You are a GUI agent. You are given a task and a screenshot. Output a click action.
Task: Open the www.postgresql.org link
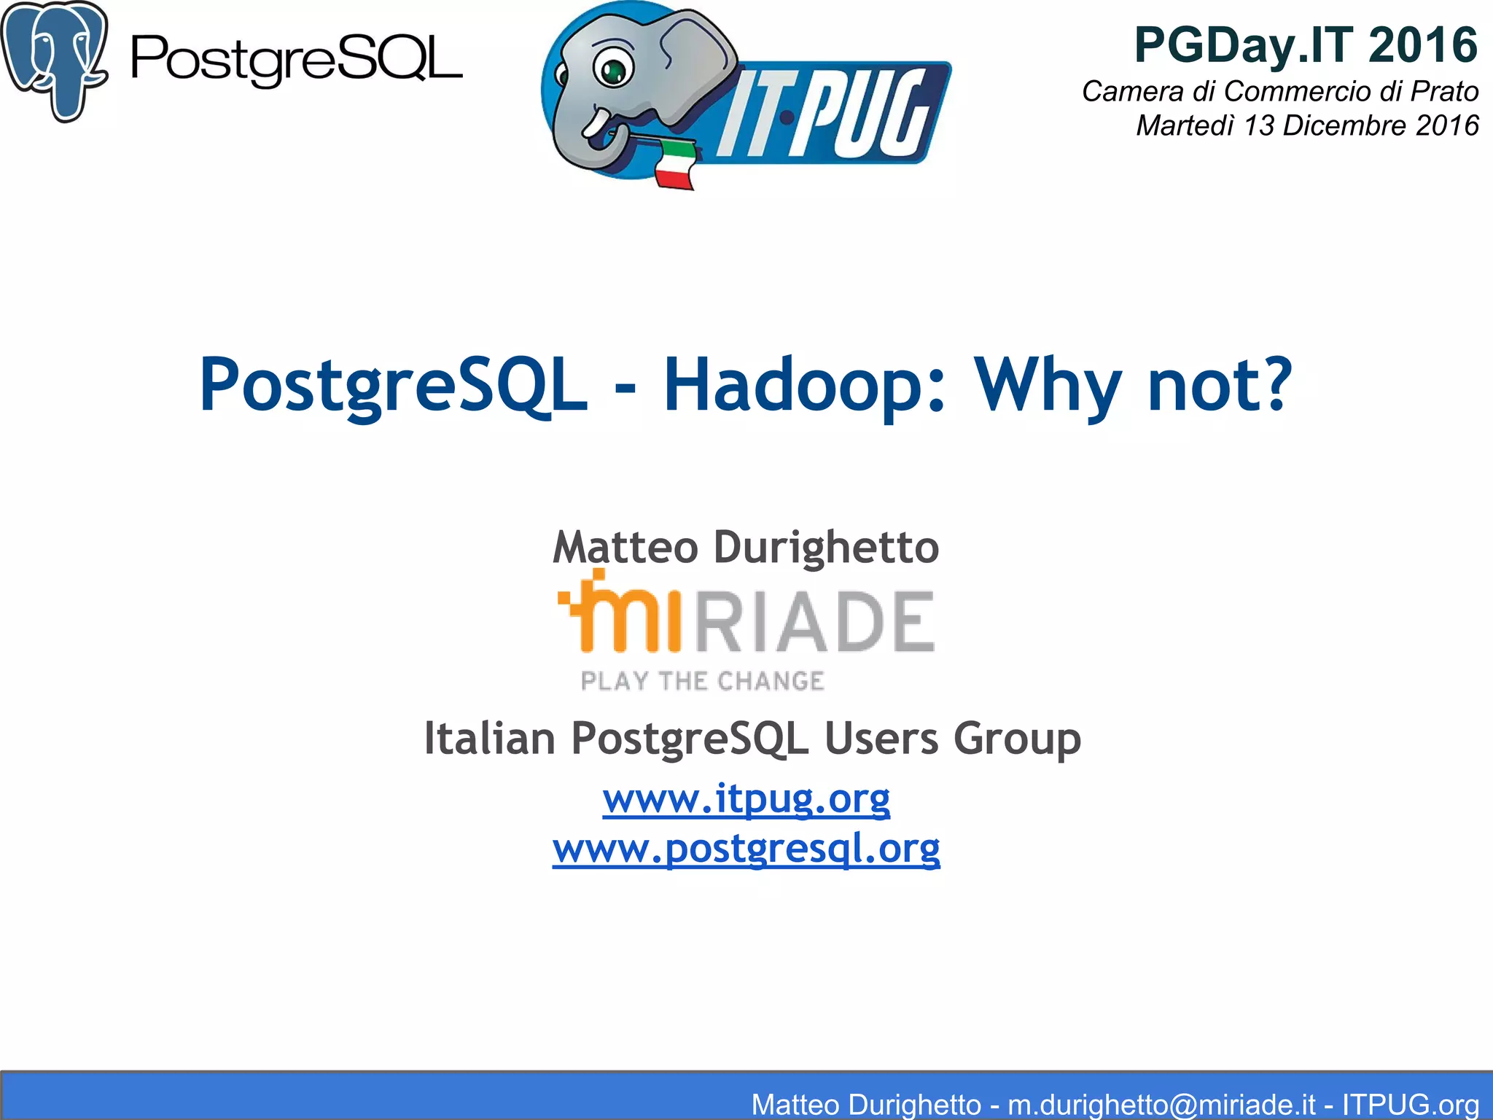[746, 848]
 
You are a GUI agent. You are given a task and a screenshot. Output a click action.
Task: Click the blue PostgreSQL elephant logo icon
[55, 60]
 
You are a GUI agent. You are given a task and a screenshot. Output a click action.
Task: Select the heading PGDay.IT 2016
[1306, 45]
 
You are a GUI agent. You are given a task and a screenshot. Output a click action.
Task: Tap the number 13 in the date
[1259, 125]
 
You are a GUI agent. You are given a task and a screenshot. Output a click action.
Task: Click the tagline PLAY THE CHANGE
[702, 681]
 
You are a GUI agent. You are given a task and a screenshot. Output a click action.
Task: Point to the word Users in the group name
[881, 738]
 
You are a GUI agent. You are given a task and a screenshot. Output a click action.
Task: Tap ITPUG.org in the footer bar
[1410, 1104]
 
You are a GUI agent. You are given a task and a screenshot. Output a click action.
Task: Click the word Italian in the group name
[490, 738]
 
